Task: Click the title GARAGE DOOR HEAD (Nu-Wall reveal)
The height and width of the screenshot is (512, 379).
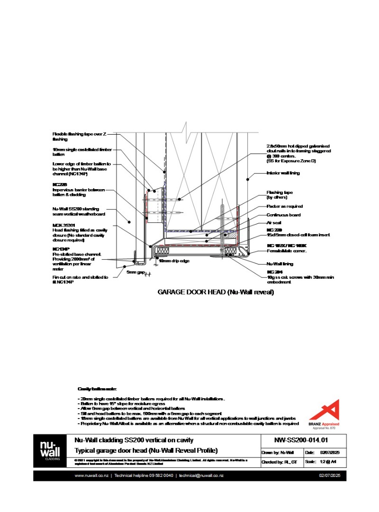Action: tap(216, 293)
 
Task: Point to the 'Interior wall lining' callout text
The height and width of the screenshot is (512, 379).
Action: tap(283, 174)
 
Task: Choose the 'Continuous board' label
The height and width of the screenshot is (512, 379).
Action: tap(283, 215)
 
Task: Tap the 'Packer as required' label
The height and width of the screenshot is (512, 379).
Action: tap(284, 207)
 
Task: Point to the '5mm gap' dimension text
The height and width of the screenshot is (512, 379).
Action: tap(135, 273)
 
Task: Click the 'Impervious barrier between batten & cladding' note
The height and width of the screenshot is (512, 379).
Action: tap(78, 192)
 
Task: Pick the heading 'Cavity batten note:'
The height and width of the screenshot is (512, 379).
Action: tap(94, 389)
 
